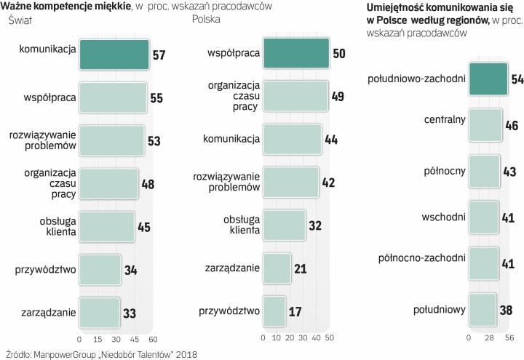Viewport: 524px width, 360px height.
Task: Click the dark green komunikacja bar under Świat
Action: click(114, 55)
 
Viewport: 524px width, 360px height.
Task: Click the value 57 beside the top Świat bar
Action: click(159, 55)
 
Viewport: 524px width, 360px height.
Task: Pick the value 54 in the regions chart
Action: click(517, 80)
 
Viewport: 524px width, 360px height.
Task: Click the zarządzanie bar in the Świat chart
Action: click(99, 313)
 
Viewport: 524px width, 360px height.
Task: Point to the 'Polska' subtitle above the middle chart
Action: click(207, 19)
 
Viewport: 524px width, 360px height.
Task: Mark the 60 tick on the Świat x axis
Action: click(152, 338)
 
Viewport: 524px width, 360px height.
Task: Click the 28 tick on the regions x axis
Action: click(490, 338)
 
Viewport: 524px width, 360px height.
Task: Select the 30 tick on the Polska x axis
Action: click(303, 338)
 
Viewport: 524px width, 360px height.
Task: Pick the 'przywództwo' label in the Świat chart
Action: click(46, 271)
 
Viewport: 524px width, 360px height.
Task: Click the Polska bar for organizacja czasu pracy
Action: click(295, 96)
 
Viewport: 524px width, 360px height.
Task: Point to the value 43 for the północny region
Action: click(509, 172)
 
